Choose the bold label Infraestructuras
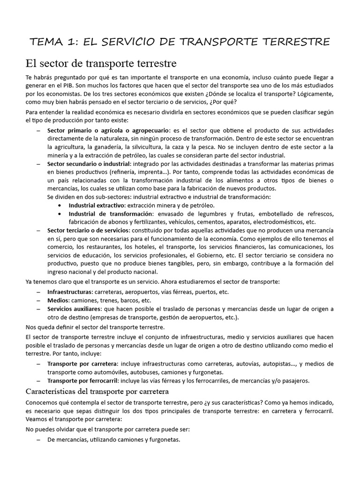point(69,292)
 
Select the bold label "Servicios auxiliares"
point(74,308)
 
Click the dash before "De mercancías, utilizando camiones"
point(38,440)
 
